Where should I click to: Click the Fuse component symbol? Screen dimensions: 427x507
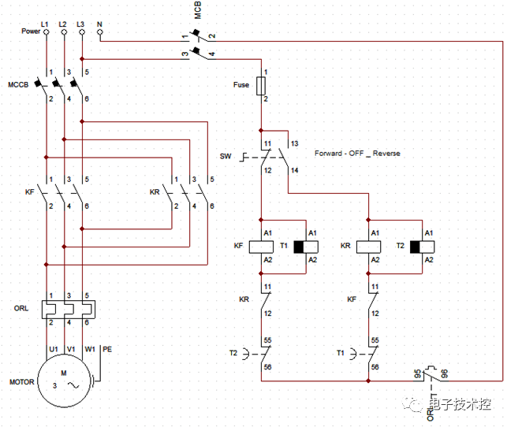(x=261, y=85)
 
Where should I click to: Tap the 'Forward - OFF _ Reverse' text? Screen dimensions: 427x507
(x=356, y=153)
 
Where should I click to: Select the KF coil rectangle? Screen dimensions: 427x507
(x=261, y=246)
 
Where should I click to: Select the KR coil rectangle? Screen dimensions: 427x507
(x=369, y=246)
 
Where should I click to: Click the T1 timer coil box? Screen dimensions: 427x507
(x=300, y=246)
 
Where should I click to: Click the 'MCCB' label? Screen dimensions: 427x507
(x=19, y=84)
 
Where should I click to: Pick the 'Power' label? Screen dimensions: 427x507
(x=31, y=32)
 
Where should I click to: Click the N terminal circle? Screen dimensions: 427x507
(x=99, y=32)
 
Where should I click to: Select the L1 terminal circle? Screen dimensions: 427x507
(x=45, y=32)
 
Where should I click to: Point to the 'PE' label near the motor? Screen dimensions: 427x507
(x=107, y=348)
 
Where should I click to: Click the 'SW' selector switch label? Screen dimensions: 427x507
(x=226, y=156)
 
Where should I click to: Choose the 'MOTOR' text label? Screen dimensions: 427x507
(x=21, y=382)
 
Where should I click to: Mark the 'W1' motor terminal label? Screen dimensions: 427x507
(x=90, y=348)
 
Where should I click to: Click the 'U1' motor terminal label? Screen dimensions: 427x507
(x=54, y=348)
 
